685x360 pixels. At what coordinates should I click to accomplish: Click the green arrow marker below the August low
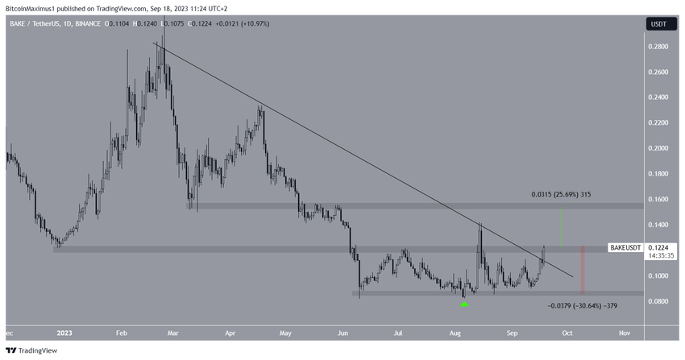coord(464,305)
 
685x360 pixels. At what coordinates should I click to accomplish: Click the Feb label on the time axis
coord(122,332)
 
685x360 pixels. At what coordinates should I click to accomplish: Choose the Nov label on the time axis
coord(624,332)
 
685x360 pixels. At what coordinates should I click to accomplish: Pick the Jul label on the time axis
coord(398,332)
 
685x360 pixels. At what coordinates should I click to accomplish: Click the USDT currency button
coord(658,24)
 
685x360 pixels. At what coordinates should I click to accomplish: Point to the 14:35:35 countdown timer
coord(660,256)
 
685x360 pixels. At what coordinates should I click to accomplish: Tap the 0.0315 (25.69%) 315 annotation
coord(561,194)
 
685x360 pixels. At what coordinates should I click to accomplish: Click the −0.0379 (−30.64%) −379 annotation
coord(583,306)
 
